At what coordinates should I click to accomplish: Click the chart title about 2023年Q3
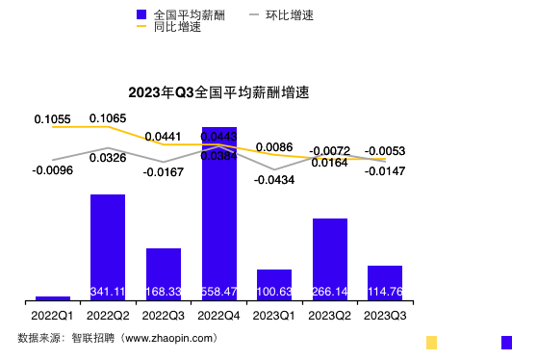pyautogui.click(x=225, y=93)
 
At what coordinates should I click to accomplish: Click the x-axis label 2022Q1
pyautogui.click(x=52, y=315)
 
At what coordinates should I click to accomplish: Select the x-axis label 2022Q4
pyautogui.click(x=218, y=315)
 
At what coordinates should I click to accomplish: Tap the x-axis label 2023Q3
pyautogui.click(x=385, y=315)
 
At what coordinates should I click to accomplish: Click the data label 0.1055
pyautogui.click(x=52, y=119)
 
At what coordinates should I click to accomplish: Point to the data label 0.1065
pyautogui.click(x=108, y=118)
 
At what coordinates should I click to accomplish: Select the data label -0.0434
pyautogui.click(x=274, y=179)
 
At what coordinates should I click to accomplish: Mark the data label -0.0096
pyautogui.click(x=52, y=170)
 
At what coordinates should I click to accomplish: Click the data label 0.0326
pyautogui.click(x=108, y=158)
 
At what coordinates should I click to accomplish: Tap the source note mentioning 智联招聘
pyautogui.click(x=117, y=338)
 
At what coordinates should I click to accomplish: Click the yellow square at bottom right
pyautogui.click(x=432, y=342)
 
